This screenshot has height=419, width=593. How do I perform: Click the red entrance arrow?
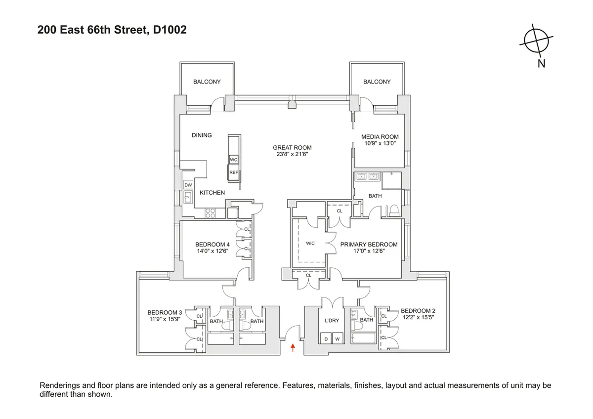[x=294, y=347]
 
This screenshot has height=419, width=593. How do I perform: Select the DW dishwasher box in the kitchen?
[x=188, y=185]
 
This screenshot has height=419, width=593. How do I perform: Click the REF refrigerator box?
[x=233, y=172]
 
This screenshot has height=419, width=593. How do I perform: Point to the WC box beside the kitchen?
[x=233, y=160]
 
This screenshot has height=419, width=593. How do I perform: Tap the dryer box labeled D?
[x=326, y=338]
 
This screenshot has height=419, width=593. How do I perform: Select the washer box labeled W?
[x=338, y=338]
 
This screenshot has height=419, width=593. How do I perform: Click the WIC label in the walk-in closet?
[x=310, y=243]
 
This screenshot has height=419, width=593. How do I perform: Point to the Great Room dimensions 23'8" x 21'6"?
[x=292, y=154]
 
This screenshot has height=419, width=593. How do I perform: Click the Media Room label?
[x=380, y=137]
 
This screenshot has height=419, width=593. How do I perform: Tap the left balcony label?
[x=207, y=82]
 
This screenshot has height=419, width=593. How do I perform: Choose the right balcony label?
[x=377, y=82]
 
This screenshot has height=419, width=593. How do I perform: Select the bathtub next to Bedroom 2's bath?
[x=363, y=339]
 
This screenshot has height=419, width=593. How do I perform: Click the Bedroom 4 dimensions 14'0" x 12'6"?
[x=212, y=251]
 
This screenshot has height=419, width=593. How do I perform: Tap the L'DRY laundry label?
[x=332, y=320]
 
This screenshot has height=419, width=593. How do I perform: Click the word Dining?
[x=202, y=135]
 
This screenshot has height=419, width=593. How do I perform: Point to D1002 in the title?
[x=169, y=30]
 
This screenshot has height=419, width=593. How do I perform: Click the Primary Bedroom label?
[x=369, y=244]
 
